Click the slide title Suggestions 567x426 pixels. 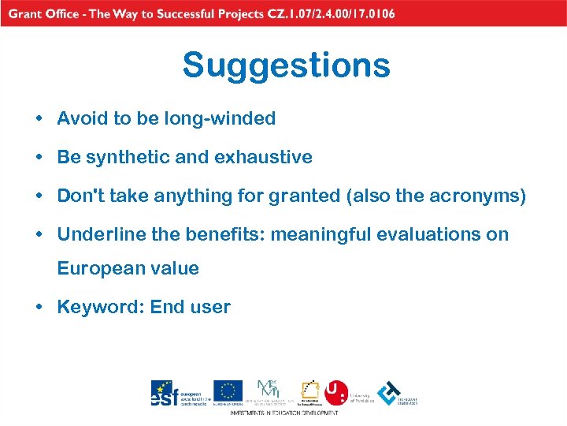[286, 65]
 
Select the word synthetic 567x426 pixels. [127, 157]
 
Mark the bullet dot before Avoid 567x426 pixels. [38, 120]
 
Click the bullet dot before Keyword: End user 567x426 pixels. [38, 308]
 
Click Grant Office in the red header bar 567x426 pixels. [46, 13]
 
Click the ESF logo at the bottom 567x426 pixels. [163, 393]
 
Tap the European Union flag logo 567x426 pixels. [228, 390]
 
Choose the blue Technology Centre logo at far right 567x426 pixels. [389, 392]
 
